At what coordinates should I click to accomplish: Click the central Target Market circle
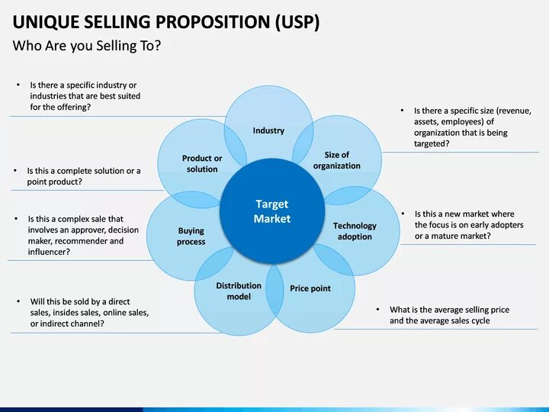(x=272, y=211)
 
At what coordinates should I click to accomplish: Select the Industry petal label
(x=268, y=130)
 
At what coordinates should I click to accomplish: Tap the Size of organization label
(x=336, y=160)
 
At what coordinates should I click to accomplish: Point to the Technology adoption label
(x=355, y=231)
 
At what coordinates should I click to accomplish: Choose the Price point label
(x=310, y=288)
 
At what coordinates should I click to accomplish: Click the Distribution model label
(x=239, y=291)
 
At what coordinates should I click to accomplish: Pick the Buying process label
(x=191, y=236)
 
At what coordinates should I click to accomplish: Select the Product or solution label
(x=202, y=163)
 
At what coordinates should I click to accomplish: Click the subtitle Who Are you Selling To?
(x=86, y=47)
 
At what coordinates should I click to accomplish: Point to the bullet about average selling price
(x=449, y=315)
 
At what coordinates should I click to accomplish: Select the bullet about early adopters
(x=468, y=225)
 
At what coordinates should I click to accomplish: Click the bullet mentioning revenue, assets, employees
(x=472, y=127)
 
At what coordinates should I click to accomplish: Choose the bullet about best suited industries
(x=85, y=96)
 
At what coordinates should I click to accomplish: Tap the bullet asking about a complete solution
(x=83, y=176)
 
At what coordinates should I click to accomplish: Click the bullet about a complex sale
(x=83, y=235)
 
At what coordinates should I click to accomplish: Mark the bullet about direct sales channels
(x=88, y=313)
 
